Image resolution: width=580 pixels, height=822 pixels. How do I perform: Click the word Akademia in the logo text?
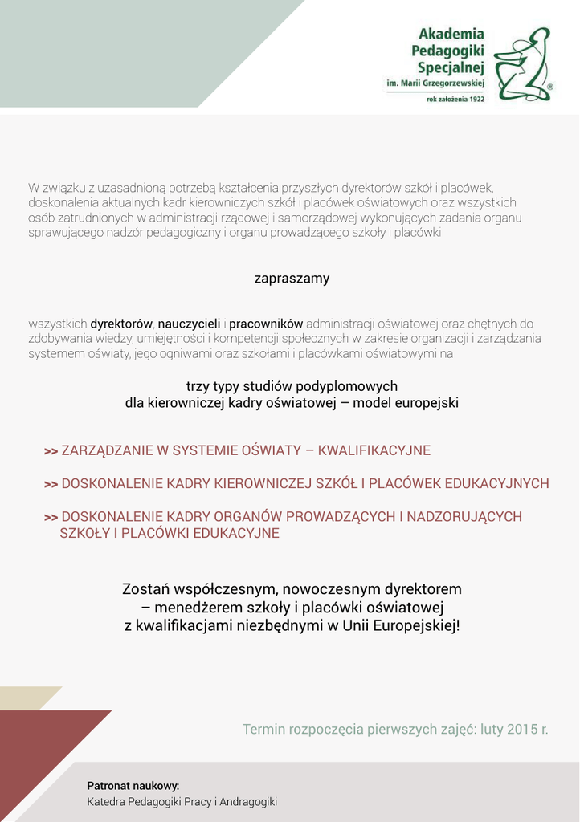tap(451, 35)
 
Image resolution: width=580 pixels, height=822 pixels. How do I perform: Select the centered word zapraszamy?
tap(292, 279)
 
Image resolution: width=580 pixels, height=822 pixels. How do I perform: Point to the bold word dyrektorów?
tap(121, 324)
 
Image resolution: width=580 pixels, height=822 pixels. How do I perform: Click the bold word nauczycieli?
tap(189, 324)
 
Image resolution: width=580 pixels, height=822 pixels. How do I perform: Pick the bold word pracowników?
tap(266, 324)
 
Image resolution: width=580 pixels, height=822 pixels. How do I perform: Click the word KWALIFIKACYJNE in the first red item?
tap(374, 450)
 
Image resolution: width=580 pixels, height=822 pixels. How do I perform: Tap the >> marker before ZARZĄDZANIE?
tap(51, 451)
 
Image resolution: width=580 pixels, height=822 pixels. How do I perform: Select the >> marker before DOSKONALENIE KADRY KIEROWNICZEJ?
tap(51, 484)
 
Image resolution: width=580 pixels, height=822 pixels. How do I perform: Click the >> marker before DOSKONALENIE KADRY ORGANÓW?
tap(51, 518)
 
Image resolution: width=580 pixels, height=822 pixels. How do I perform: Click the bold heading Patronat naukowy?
tap(133, 785)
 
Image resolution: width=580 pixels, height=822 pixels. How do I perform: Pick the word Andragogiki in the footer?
tap(247, 801)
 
